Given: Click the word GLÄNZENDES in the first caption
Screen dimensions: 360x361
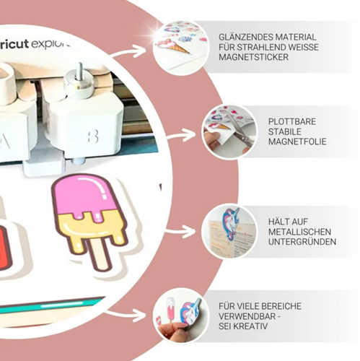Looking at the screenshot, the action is click(x=245, y=37).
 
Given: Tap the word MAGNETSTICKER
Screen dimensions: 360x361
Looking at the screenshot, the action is click(x=253, y=57).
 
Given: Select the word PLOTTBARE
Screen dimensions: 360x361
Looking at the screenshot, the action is click(x=292, y=121).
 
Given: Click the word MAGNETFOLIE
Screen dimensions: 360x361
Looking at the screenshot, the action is click(x=297, y=142).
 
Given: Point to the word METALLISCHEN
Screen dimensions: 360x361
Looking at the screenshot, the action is click(x=299, y=232).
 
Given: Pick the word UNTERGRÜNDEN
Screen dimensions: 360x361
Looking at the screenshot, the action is click(x=302, y=242).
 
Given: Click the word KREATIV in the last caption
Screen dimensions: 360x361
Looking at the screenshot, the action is click(x=251, y=326).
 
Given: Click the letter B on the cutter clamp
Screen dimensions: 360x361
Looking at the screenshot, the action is click(x=93, y=136).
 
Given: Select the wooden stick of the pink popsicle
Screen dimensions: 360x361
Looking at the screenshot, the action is click(x=99, y=254).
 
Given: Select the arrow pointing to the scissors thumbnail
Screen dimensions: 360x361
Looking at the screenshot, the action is click(x=182, y=136).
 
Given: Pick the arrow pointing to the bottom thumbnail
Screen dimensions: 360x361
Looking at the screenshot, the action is click(x=126, y=315).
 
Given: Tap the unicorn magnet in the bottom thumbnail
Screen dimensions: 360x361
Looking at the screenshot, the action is click(x=190, y=310).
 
